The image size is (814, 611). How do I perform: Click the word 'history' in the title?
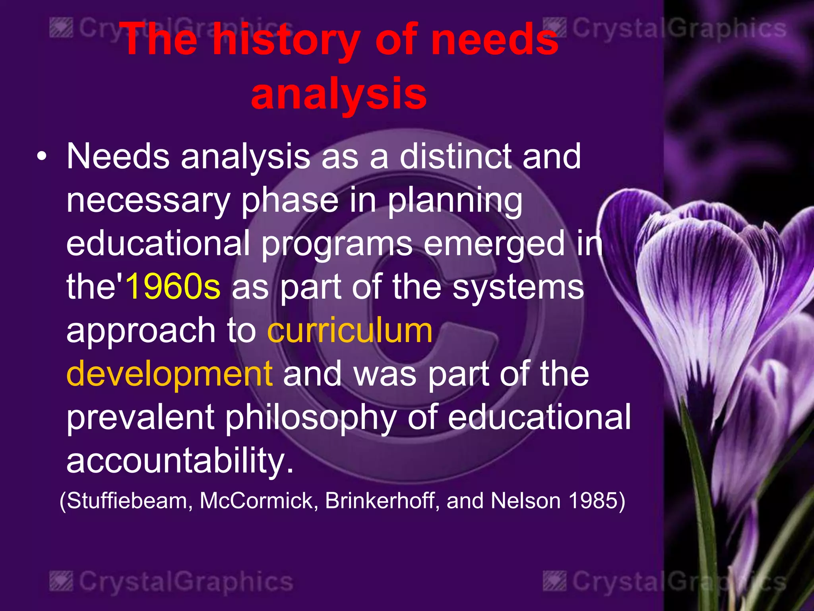(x=286, y=40)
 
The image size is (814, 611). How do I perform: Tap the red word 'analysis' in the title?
(x=339, y=94)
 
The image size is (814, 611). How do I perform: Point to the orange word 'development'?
(x=169, y=374)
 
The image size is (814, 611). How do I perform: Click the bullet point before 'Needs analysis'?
(x=41, y=157)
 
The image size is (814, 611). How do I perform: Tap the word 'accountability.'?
(x=180, y=461)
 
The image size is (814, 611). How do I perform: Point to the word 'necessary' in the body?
(x=148, y=200)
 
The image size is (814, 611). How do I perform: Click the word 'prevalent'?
(x=140, y=418)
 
